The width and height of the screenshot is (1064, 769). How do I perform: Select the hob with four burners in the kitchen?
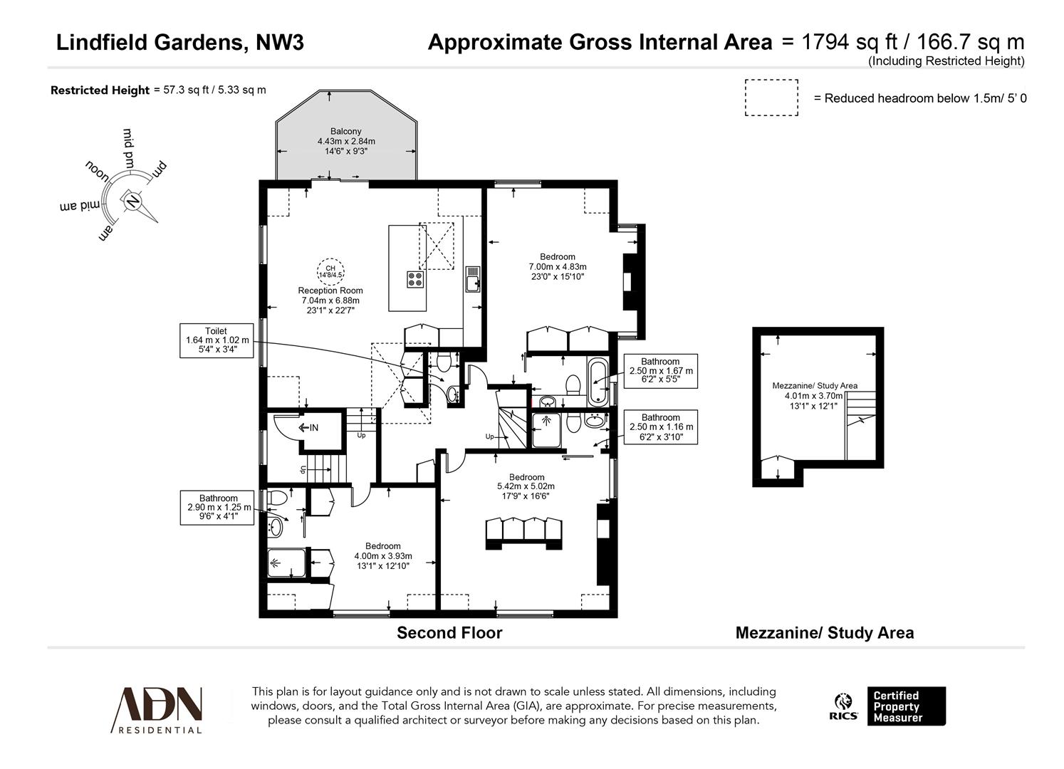(x=416, y=279)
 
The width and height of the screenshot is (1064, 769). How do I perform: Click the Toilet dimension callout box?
(x=217, y=340)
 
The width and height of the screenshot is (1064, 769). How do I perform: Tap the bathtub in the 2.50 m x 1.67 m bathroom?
(x=597, y=382)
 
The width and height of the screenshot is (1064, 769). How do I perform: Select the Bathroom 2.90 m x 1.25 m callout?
(x=218, y=508)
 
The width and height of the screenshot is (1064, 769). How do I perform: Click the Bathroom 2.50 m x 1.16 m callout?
(x=660, y=427)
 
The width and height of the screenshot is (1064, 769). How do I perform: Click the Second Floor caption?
(x=449, y=633)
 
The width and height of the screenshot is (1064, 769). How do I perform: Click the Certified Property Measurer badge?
(x=905, y=706)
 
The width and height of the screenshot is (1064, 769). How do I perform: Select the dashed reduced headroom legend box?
(x=771, y=98)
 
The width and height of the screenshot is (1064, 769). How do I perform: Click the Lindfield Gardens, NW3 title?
(x=180, y=43)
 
